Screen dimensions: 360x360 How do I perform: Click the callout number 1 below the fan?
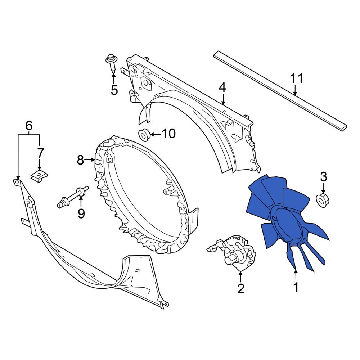[x=296, y=288]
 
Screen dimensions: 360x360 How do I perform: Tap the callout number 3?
[x=323, y=177]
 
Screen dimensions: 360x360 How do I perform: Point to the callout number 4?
[x=223, y=87]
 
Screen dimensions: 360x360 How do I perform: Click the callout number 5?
[x=114, y=90]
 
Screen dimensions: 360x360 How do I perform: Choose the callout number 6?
[x=29, y=126]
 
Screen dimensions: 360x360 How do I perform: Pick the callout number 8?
[x=81, y=159]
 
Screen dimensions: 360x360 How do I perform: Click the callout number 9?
[x=81, y=213]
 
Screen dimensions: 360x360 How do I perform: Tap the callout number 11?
[x=297, y=78]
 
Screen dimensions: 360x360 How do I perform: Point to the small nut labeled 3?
[x=323, y=199]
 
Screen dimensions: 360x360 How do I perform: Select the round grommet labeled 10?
[x=144, y=135]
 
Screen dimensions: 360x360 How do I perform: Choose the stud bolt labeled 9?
[x=73, y=197]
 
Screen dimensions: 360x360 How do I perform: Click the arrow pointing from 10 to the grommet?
[x=155, y=134]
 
